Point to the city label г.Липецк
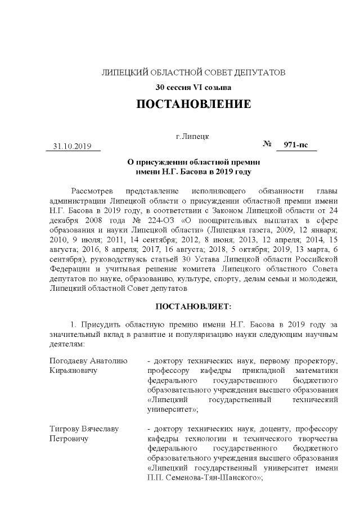[192, 137]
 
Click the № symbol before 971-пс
[268, 145]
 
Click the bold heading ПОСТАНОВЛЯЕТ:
[193, 306]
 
